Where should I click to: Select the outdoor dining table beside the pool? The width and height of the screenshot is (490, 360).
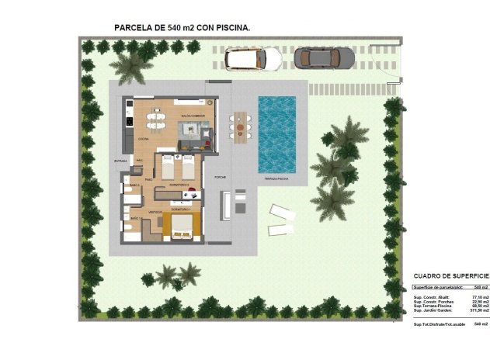coord(240,123)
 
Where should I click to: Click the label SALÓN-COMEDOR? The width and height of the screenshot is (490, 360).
coord(193,116)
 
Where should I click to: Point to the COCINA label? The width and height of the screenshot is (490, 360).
coord(144,139)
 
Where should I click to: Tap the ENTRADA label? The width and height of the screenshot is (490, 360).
coord(120,161)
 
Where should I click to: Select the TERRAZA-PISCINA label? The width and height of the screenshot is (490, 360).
coord(278,179)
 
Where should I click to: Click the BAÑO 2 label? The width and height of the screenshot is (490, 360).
coord(133,186)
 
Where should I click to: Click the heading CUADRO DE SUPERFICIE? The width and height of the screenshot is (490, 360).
coord(451,275)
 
